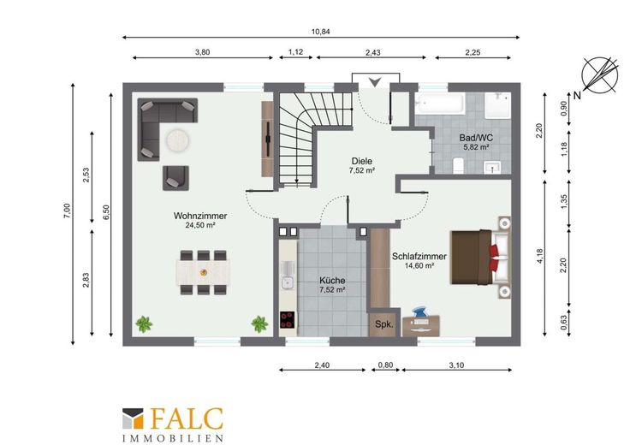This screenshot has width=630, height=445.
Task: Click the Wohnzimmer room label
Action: (200, 216)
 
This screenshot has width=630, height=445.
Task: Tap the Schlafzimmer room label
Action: (419, 256)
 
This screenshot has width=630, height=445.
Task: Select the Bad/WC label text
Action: (476, 138)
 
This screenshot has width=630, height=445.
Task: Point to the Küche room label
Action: (332, 281)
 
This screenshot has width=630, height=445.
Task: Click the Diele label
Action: (361, 161)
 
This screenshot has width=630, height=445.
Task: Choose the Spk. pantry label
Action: (384, 324)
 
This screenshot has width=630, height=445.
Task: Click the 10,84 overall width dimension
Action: (321, 32)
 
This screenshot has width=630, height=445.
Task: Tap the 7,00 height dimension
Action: (67, 211)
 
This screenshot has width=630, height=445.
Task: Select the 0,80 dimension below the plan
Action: (386, 365)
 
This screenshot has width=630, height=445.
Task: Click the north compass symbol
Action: (600, 75)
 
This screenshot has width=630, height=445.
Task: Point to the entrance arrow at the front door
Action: (375, 82)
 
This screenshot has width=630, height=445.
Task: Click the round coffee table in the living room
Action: (178, 140)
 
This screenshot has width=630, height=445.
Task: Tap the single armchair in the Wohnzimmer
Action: (175, 178)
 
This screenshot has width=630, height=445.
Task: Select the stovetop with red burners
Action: (288, 320)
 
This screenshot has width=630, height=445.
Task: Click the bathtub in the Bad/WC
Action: (440, 104)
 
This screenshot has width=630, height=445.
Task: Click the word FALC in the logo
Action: (187, 418)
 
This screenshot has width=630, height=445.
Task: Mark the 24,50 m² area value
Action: (200, 225)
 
